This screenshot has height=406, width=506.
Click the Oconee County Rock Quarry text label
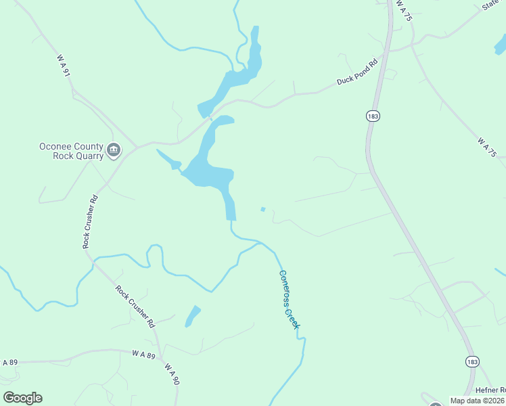70,151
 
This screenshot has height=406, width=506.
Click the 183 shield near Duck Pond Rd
373,116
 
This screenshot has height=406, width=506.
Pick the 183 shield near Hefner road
471,362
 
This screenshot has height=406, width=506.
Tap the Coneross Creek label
290,299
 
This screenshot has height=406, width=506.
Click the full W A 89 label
143,354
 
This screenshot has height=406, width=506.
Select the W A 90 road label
172,374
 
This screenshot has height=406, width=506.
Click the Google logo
22,398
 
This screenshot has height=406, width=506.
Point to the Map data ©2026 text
477,401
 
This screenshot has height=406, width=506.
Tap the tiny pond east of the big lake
263,209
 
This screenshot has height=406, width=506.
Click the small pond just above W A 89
193,316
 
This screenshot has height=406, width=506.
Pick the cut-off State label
491,5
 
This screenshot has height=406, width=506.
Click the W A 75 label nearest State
405,14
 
